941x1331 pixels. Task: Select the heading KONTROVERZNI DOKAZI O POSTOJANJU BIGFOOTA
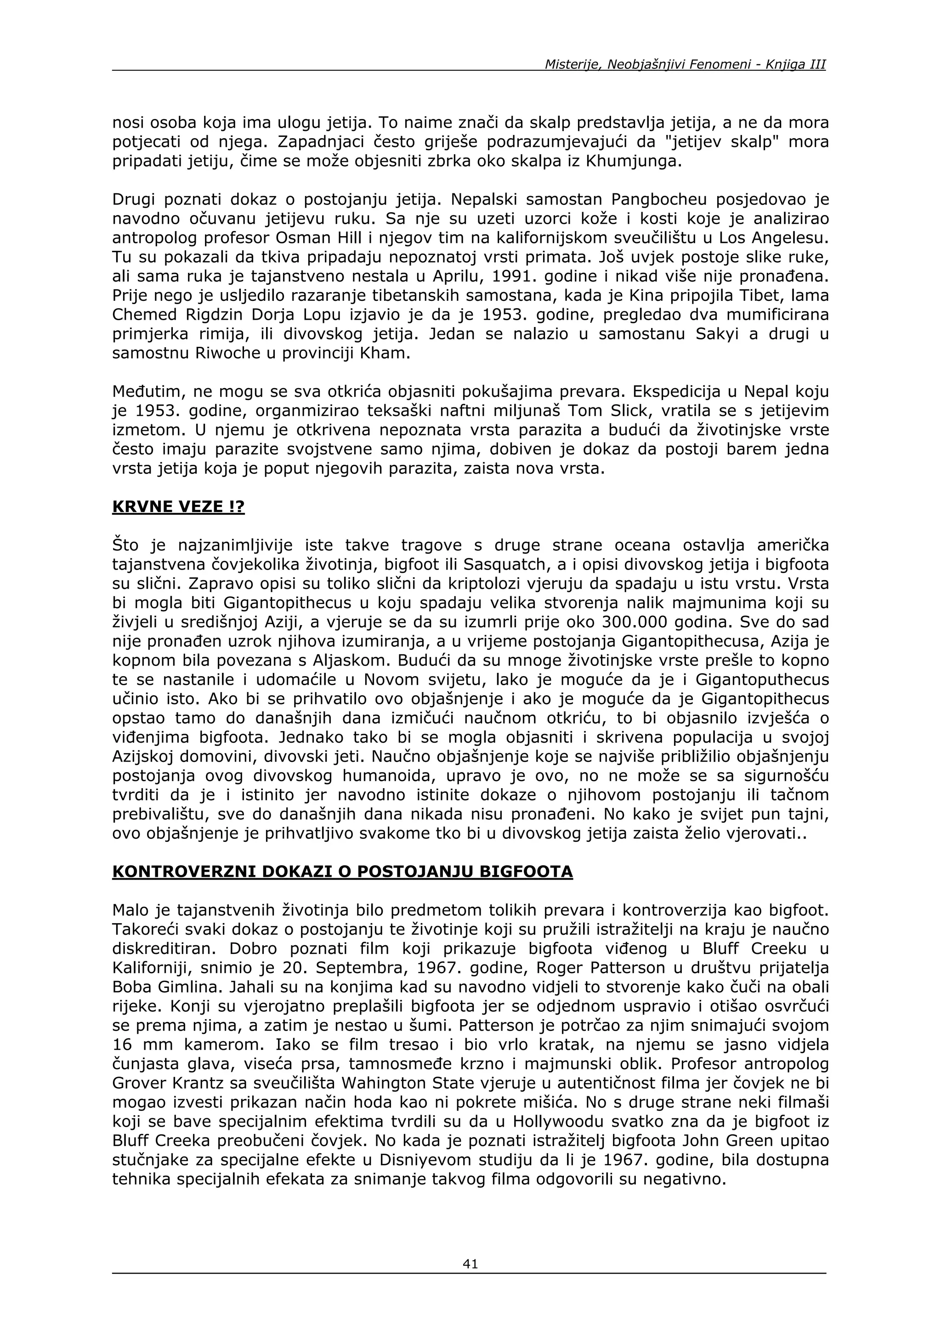342,871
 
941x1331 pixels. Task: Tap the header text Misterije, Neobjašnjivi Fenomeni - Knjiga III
685,64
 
